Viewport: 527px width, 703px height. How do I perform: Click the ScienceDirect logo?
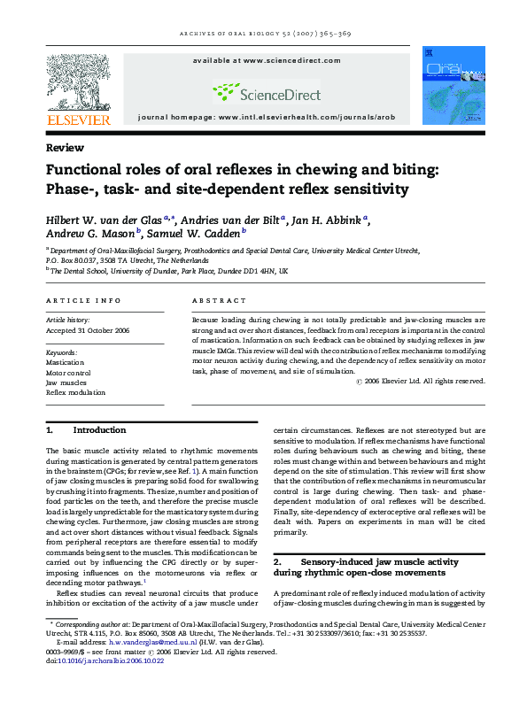coord(265,90)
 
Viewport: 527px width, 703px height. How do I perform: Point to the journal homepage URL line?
coord(266,117)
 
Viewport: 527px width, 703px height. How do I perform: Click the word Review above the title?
coord(66,148)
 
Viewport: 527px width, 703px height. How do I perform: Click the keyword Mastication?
coord(66,363)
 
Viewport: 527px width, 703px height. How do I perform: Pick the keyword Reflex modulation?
coord(75,392)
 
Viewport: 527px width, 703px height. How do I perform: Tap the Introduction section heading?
coord(99,430)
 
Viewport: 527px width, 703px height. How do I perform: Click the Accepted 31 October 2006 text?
coord(87,330)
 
